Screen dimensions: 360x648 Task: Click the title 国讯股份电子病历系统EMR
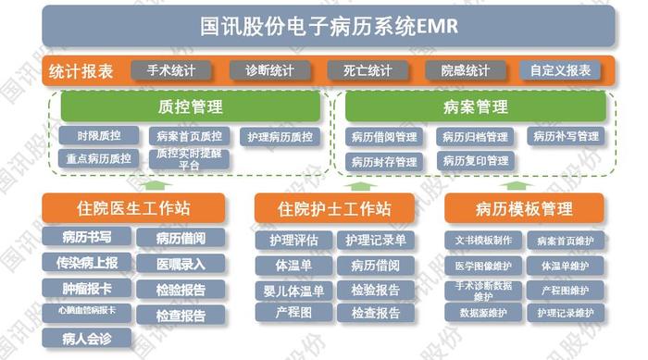tap(329, 25)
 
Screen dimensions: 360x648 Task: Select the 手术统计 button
tap(170, 70)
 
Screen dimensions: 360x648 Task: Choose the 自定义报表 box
tap(561, 70)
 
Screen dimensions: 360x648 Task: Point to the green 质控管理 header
tap(191, 106)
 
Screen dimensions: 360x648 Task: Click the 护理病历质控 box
tap(280, 137)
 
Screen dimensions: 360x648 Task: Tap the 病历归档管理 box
tap(475, 137)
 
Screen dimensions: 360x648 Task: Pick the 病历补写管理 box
tap(566, 137)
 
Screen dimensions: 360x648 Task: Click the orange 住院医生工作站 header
tap(133, 208)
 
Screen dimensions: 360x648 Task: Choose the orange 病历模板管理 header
tap(524, 208)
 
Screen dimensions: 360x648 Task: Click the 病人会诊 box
tap(87, 338)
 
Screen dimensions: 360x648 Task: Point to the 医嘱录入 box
tap(181, 264)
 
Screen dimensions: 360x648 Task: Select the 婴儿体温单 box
tap(293, 291)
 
